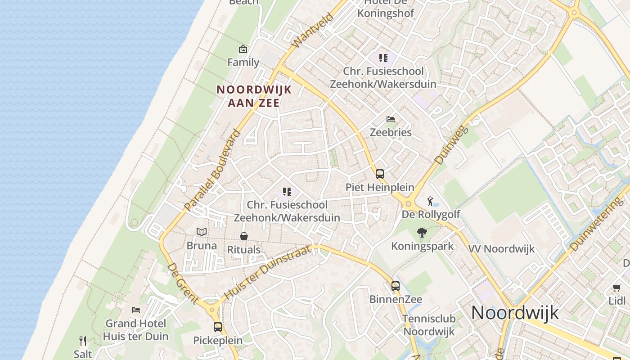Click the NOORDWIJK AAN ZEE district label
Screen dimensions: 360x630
(254, 96)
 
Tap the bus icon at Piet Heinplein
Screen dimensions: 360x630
(380, 174)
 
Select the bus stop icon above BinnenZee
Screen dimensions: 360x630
(395, 286)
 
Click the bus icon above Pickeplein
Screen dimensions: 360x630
(218, 327)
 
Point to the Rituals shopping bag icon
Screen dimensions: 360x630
(243, 236)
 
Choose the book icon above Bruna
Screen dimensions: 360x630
(202, 232)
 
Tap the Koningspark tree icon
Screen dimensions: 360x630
(422, 233)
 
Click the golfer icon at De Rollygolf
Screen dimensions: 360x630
(430, 201)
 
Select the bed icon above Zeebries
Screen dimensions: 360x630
(391, 119)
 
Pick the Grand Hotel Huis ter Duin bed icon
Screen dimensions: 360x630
(135, 310)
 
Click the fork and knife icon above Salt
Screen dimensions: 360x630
(83, 341)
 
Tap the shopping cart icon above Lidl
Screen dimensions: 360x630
(616, 288)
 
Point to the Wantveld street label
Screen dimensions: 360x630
(312, 30)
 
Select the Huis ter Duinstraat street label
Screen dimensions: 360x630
(267, 272)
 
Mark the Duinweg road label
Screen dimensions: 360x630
(452, 144)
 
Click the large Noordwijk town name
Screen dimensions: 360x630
(515, 312)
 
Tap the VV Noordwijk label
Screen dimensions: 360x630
(501, 249)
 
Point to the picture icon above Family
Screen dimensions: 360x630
(243, 49)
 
